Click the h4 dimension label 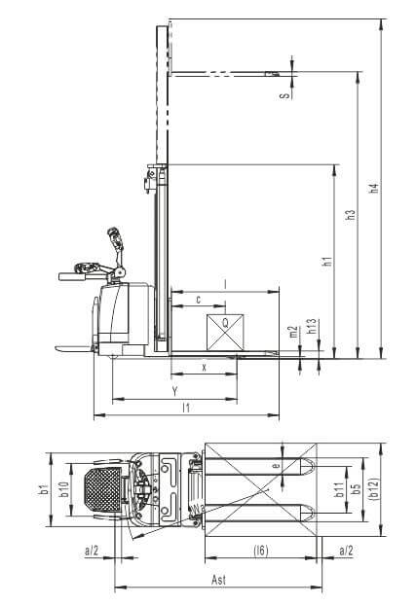(x=373, y=188)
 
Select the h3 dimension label (x=350, y=215)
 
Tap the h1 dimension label (x=328, y=261)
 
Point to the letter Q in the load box (x=225, y=323)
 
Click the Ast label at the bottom (x=218, y=580)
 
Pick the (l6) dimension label (x=261, y=551)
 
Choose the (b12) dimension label (x=373, y=489)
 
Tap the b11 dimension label (x=339, y=489)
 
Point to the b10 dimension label (x=64, y=489)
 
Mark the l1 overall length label (x=186, y=408)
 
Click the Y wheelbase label (x=174, y=391)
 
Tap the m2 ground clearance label (x=294, y=332)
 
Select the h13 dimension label (x=312, y=326)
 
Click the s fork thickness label (x=285, y=95)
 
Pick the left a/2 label (x=92, y=551)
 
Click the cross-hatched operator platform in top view (x=103, y=489)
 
